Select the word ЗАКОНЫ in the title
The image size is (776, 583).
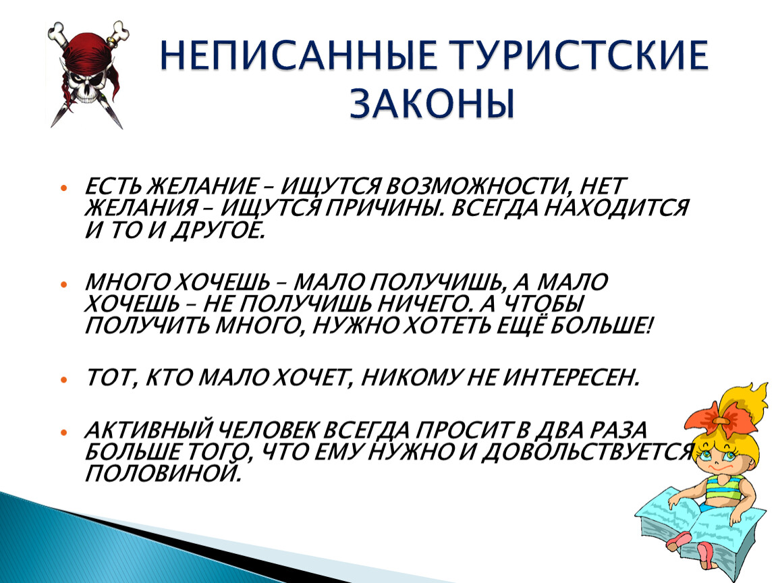[433, 103]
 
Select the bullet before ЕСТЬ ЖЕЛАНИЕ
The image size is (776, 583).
[63, 188]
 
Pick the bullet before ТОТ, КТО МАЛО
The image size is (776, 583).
[63, 380]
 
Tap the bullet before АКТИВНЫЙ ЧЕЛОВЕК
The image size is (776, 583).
[63, 432]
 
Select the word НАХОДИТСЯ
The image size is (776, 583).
[616, 209]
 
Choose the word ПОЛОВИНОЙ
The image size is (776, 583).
[164, 474]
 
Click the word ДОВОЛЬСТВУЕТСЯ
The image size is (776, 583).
[587, 452]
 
